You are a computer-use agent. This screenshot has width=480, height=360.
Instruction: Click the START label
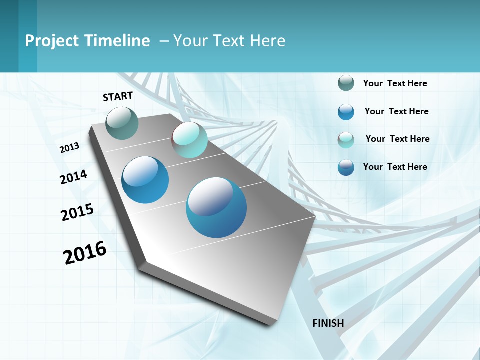point(118,96)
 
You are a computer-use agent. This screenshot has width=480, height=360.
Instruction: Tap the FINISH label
point(328,323)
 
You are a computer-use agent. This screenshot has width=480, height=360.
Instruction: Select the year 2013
point(69,148)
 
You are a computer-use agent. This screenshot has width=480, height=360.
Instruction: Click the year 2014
point(73,177)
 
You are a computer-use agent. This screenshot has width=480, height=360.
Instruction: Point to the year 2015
point(77,212)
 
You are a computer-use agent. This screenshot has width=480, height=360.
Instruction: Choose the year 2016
point(85,253)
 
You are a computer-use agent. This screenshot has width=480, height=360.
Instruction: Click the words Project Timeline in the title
point(87,41)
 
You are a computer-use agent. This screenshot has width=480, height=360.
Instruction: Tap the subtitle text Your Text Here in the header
point(229,41)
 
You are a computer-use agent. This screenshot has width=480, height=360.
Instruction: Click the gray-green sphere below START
point(122,123)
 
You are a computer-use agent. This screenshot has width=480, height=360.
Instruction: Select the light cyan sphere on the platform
point(190,140)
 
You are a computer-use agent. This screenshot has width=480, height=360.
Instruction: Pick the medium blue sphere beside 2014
point(145,180)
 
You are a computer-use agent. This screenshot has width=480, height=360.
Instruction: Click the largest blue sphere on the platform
point(216,207)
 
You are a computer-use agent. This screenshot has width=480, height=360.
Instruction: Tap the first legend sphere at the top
point(346,83)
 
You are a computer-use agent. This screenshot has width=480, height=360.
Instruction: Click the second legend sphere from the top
point(346,112)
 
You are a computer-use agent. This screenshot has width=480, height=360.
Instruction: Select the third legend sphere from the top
point(346,140)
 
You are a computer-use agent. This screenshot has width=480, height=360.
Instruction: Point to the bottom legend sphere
point(346,167)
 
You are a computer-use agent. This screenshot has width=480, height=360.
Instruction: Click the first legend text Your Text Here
point(395,83)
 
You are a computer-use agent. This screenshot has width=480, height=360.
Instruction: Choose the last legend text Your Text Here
point(395,167)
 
